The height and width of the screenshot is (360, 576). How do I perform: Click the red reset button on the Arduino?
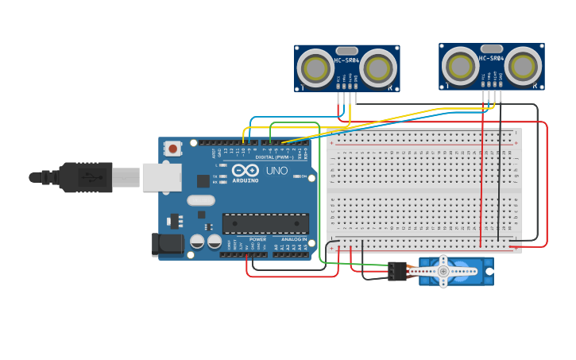pos(172,148)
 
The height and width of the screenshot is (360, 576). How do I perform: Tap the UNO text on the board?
pos(276,171)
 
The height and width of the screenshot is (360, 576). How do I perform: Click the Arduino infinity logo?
pos(245,170)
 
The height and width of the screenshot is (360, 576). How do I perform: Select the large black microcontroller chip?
pos(265,224)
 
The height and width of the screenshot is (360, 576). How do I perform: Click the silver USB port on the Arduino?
pos(161,177)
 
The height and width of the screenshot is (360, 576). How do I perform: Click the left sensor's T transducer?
pos(316,68)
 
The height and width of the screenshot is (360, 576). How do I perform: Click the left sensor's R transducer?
pos(378,68)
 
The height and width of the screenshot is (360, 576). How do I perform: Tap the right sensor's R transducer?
pos(524,66)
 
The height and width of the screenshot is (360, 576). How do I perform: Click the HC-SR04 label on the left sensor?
pos(346,60)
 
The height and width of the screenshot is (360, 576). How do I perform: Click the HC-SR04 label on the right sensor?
pos(491,58)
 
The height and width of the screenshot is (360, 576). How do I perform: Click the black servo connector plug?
pos(397,272)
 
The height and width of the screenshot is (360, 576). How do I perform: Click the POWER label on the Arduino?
pos(257,239)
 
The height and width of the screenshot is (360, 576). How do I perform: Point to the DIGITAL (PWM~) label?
pos(273,157)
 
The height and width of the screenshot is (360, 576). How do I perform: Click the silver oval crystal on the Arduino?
pos(201,201)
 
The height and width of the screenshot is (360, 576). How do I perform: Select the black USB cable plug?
pos(79,177)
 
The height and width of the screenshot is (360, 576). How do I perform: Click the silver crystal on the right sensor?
pos(491,48)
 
